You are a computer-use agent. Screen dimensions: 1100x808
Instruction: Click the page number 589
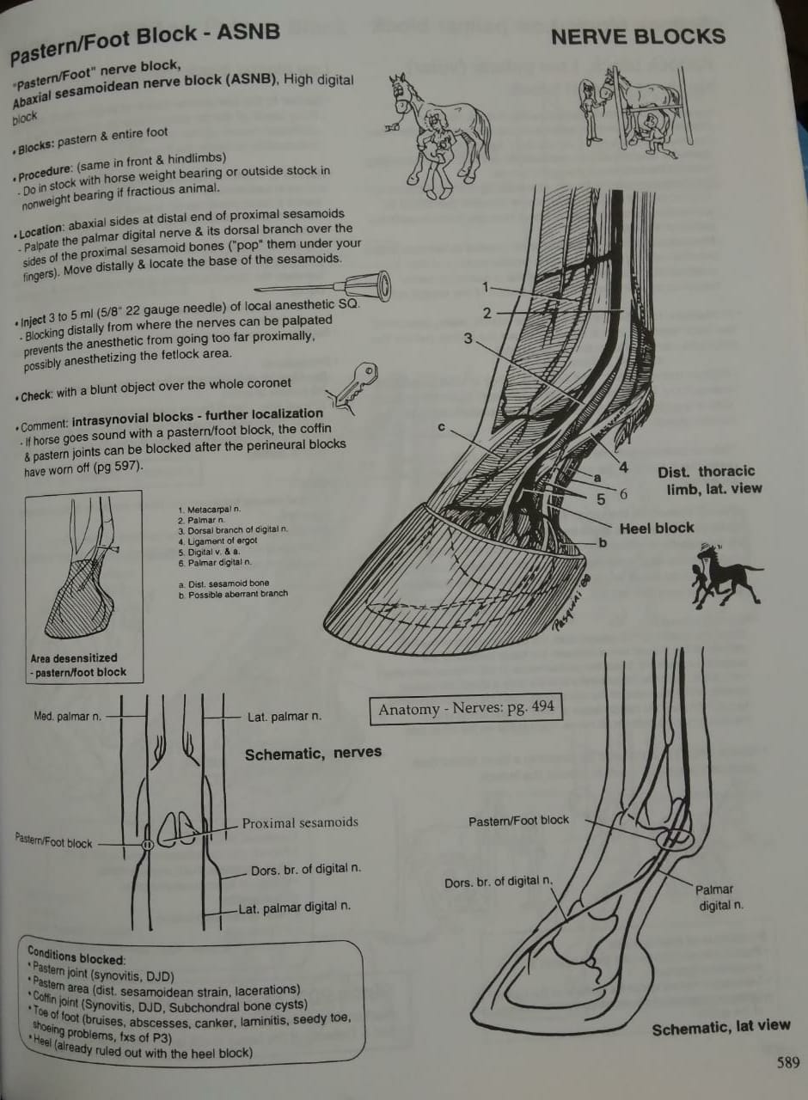point(787,1062)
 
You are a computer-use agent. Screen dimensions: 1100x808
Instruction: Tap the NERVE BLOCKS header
point(638,37)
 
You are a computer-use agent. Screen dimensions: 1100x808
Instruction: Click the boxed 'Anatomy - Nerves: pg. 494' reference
point(466,709)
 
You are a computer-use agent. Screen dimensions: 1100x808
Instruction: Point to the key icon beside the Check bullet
point(352,385)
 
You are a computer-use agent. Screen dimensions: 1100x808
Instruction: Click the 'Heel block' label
point(656,529)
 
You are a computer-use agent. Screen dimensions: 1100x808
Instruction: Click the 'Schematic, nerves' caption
point(313,754)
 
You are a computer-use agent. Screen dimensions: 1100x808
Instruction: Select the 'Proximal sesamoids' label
point(300,822)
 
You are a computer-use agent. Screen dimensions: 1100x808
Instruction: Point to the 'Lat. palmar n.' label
point(285,716)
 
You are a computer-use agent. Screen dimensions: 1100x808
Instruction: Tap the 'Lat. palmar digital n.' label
point(295,907)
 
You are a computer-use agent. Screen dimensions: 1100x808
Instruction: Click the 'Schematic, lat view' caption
point(720,1026)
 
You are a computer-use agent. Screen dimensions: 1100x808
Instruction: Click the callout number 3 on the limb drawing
point(468,339)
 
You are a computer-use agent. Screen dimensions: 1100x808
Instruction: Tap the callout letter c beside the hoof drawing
point(439,427)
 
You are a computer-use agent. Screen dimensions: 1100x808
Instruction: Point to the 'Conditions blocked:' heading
point(76,956)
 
